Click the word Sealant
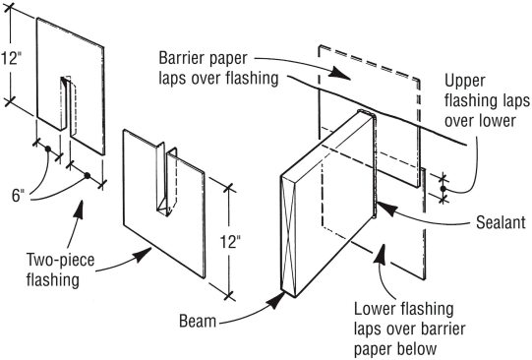click(x=501, y=222)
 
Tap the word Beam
click(x=198, y=321)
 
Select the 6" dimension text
click(x=19, y=196)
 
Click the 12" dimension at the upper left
click(x=11, y=58)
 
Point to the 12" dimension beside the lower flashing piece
click(x=230, y=242)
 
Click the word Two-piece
click(x=60, y=261)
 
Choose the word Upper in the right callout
click(x=465, y=82)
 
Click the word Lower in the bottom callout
click(x=376, y=309)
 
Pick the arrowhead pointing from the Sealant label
click(x=386, y=208)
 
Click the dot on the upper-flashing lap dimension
click(x=443, y=188)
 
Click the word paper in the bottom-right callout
click(x=374, y=349)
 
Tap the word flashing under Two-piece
click(x=53, y=280)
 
